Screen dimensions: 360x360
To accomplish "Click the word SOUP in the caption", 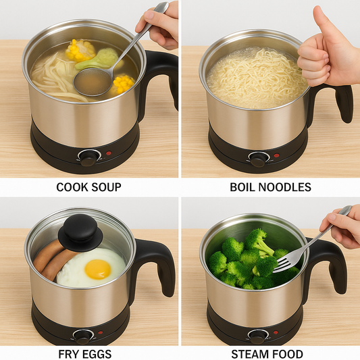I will click(x=105, y=187).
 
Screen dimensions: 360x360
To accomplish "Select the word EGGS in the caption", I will click(x=97, y=354).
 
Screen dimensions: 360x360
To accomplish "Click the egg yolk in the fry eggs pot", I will click(x=97, y=268).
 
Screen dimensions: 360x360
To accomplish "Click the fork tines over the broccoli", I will click(x=284, y=259).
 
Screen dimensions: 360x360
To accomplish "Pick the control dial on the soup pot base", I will click(x=88, y=157).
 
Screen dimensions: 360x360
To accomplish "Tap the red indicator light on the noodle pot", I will click(x=276, y=155).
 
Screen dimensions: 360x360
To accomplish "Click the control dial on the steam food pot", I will click(x=257, y=334).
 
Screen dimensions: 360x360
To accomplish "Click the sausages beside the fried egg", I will click(x=51, y=260).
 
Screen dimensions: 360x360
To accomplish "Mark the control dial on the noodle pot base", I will click(x=257, y=159).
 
